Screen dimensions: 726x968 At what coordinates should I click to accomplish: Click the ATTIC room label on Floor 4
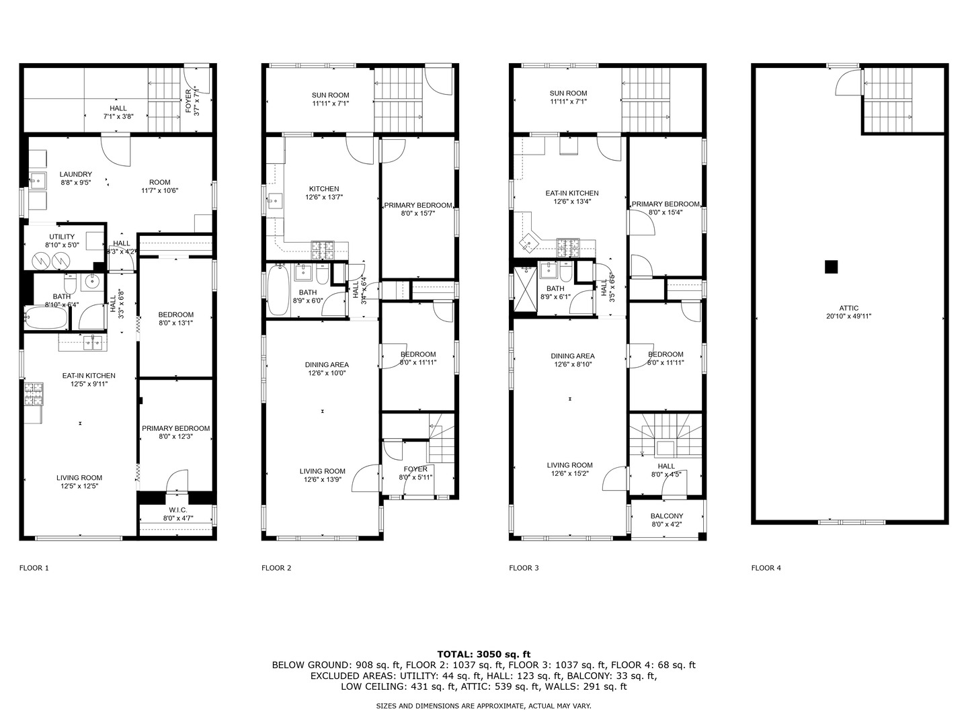[849, 309]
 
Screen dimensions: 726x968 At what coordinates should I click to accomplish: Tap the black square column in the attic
[832, 267]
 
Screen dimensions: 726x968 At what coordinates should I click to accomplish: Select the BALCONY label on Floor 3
[666, 516]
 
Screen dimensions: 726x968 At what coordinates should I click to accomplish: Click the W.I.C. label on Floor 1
[178, 510]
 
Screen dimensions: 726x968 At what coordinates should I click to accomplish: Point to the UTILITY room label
[62, 237]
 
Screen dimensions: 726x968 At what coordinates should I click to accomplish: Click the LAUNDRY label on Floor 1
[75, 175]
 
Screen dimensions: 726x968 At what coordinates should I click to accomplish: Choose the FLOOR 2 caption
[276, 568]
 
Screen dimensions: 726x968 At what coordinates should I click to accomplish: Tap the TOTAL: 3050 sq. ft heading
[483, 653]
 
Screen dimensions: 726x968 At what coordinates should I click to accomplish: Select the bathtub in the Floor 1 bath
[46, 317]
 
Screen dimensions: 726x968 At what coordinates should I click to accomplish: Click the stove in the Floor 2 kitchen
[325, 250]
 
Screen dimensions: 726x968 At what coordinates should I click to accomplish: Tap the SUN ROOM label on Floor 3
[568, 93]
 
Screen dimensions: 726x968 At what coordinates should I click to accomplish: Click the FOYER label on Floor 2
[415, 469]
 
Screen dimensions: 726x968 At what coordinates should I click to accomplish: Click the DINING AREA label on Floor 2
[327, 365]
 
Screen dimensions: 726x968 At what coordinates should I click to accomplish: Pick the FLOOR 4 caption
[766, 568]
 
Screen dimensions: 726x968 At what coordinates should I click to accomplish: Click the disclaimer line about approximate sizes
[483, 707]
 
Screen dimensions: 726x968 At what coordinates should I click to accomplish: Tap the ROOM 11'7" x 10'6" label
[160, 182]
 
